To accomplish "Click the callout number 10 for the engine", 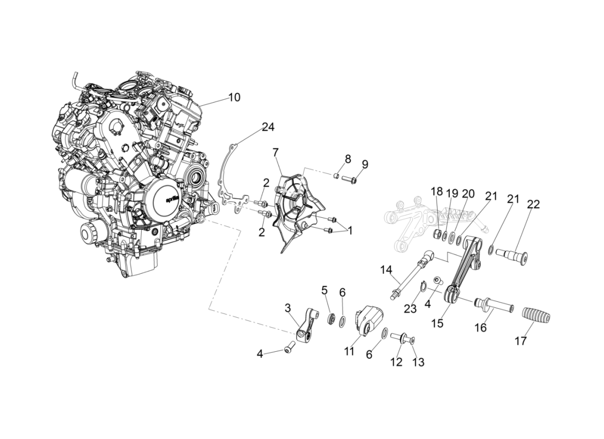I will click(x=234, y=98).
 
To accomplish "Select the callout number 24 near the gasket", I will click(x=267, y=127).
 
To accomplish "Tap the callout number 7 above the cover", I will click(x=276, y=152).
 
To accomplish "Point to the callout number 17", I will click(x=521, y=341).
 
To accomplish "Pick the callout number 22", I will click(x=533, y=205).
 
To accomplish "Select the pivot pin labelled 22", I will click(x=511, y=254).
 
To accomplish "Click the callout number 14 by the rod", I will click(x=387, y=269).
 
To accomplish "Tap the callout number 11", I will click(x=350, y=352).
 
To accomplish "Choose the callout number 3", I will click(x=287, y=308).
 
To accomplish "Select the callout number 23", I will click(x=411, y=309).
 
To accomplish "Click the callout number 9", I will click(x=365, y=164).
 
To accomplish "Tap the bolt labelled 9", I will click(x=350, y=179).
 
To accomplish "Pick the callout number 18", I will click(x=437, y=192).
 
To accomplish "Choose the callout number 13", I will click(x=418, y=362).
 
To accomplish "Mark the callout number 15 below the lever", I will click(x=437, y=323).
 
